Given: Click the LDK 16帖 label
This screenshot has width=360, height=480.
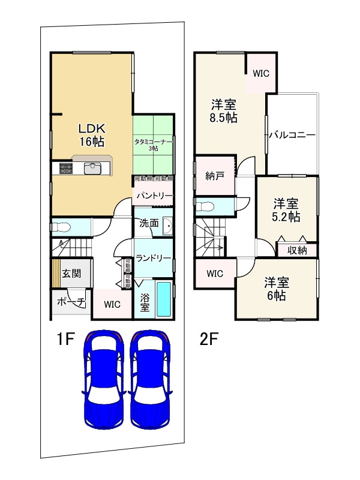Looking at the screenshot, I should [91, 135].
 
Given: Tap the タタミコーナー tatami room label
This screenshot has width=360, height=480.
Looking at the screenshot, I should [153, 144].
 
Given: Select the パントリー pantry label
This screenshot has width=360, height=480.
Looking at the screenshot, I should [154, 196].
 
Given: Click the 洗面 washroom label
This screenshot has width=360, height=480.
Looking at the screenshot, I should [149, 223].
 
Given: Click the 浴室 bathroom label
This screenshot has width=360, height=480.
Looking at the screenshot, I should [145, 302].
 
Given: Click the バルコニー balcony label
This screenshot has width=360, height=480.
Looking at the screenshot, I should [292, 135].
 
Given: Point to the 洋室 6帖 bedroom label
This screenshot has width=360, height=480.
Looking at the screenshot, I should [276, 289].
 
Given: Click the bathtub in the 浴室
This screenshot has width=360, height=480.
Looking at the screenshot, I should [164, 300].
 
